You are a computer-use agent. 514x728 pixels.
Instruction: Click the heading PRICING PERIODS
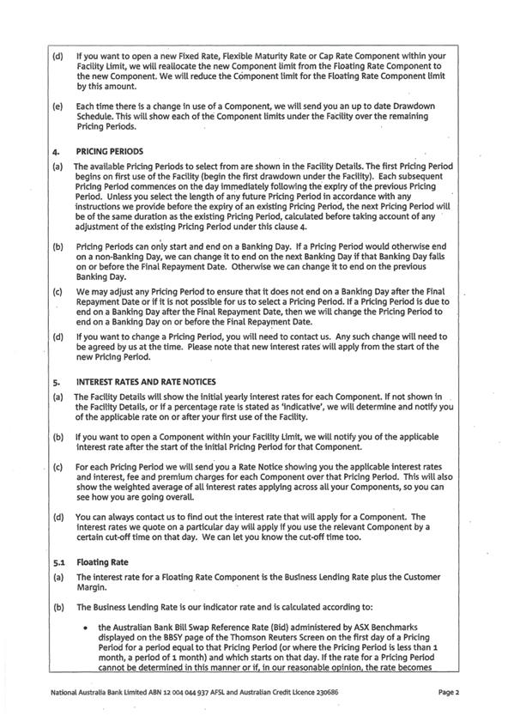[107, 149]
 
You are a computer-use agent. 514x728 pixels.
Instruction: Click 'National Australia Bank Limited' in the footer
[94, 691]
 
